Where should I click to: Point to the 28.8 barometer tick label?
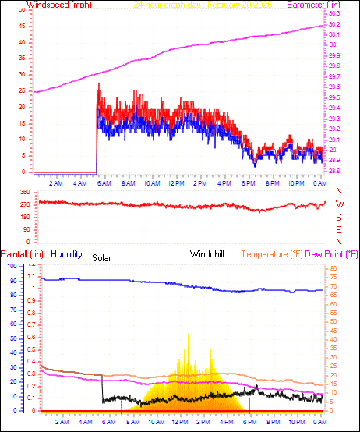[x=334, y=171]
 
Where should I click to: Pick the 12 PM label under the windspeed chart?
[x=176, y=183]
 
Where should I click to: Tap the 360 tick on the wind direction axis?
[x=24, y=192]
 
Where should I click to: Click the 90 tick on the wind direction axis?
[x=26, y=229]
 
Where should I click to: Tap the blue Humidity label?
[x=67, y=254]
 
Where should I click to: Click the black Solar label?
[x=102, y=257]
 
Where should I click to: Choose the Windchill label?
[x=209, y=254]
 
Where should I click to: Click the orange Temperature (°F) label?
[x=272, y=254]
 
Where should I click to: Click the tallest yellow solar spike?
[x=188, y=335]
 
